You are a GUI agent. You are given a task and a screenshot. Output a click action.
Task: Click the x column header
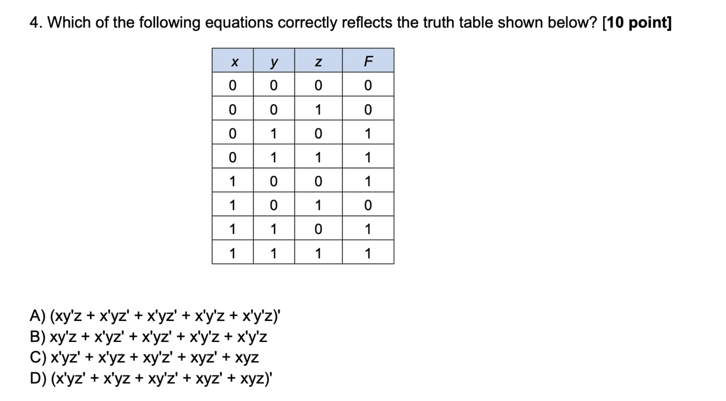click(x=234, y=62)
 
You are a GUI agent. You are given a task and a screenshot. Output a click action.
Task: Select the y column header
click(x=273, y=62)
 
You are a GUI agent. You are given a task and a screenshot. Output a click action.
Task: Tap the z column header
click(x=318, y=62)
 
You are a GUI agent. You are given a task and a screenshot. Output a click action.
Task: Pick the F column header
click(x=368, y=61)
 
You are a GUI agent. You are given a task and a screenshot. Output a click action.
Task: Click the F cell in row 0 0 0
click(x=368, y=86)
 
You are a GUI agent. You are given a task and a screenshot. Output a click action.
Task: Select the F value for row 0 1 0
click(x=368, y=134)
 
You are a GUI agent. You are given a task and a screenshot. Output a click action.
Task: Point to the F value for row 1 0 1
click(x=368, y=205)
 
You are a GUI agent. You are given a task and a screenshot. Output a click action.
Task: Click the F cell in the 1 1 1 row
click(x=368, y=253)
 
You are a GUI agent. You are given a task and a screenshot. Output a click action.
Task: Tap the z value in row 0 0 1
click(x=318, y=110)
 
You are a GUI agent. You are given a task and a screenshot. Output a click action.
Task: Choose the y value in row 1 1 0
click(x=273, y=229)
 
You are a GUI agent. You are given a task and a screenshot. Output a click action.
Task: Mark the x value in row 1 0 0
click(x=233, y=181)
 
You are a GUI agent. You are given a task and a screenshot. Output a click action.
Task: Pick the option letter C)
click(x=38, y=357)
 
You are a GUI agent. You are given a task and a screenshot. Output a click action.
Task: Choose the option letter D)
click(x=38, y=378)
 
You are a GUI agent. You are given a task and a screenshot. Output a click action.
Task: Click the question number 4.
click(x=36, y=22)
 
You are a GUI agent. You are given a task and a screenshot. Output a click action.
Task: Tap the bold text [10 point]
click(x=636, y=22)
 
